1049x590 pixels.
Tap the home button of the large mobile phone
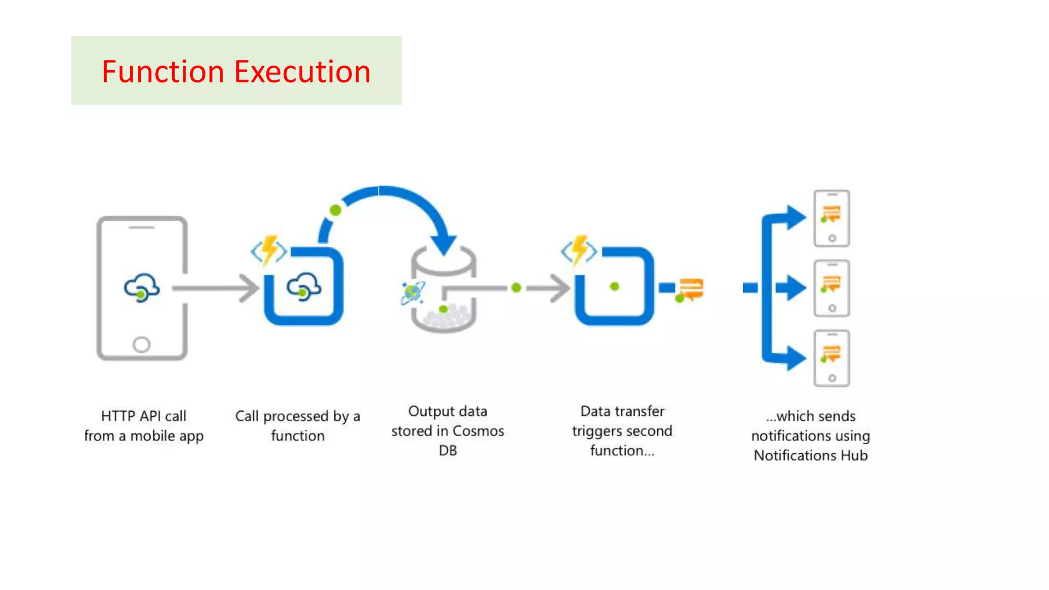point(141,344)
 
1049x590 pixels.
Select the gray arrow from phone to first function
point(215,288)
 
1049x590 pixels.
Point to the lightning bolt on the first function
point(269,249)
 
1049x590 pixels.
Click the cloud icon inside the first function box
point(304,287)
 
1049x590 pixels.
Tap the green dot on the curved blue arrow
point(335,210)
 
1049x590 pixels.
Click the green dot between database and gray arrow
point(516,288)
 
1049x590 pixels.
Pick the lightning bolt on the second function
point(580,249)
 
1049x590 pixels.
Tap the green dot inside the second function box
point(615,287)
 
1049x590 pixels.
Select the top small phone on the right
point(832,218)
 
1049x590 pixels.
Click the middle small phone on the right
point(832,288)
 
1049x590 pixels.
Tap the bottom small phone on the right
point(832,359)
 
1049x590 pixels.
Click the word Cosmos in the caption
point(478,431)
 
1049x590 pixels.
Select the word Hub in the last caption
point(854,455)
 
